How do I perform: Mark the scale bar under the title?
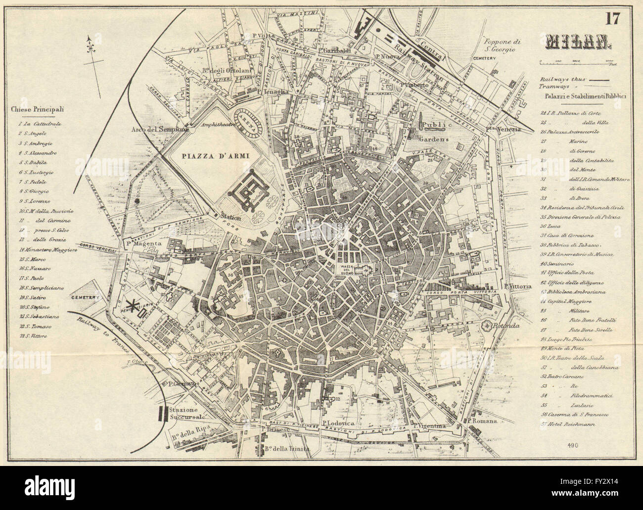coord(576,62)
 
